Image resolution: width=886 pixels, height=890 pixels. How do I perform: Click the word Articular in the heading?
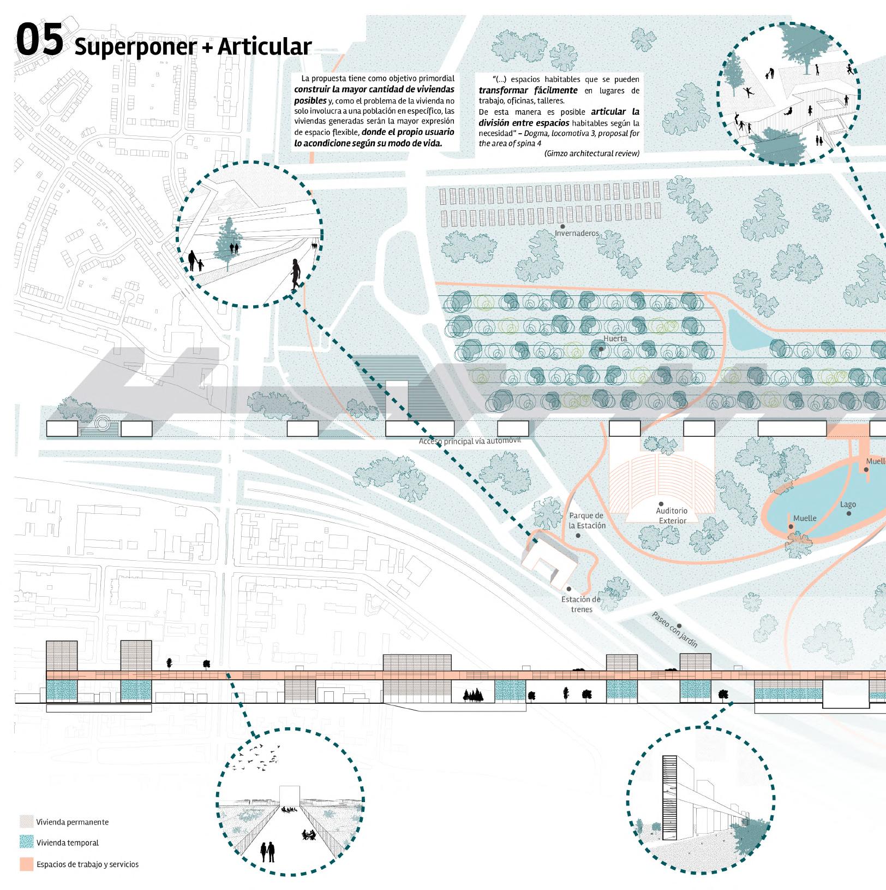[265, 47]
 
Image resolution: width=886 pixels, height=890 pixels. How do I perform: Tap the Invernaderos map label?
[576, 234]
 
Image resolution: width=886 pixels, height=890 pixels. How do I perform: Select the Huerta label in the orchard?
[615, 339]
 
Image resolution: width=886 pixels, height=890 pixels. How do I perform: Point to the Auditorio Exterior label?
[672, 515]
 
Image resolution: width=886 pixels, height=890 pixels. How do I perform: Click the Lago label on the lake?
[848, 504]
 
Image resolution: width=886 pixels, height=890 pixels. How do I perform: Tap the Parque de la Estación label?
[586, 520]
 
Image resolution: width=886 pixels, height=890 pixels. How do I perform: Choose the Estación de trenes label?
[580, 604]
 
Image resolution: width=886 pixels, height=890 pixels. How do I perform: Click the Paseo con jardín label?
[675, 629]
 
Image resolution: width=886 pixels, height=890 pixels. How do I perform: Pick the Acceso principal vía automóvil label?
[470, 441]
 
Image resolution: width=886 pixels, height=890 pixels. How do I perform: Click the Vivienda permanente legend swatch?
[26, 822]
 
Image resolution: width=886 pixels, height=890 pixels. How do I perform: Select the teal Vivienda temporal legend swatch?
[26, 842]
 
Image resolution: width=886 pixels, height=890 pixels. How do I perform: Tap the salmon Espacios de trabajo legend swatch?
[26, 864]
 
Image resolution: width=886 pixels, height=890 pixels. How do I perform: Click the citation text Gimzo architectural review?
[591, 153]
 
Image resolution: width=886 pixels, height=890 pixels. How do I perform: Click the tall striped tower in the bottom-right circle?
[669, 798]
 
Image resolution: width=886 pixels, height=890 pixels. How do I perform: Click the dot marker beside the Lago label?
[848, 513]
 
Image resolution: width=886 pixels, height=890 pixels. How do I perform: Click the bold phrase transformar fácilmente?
[528, 90]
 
